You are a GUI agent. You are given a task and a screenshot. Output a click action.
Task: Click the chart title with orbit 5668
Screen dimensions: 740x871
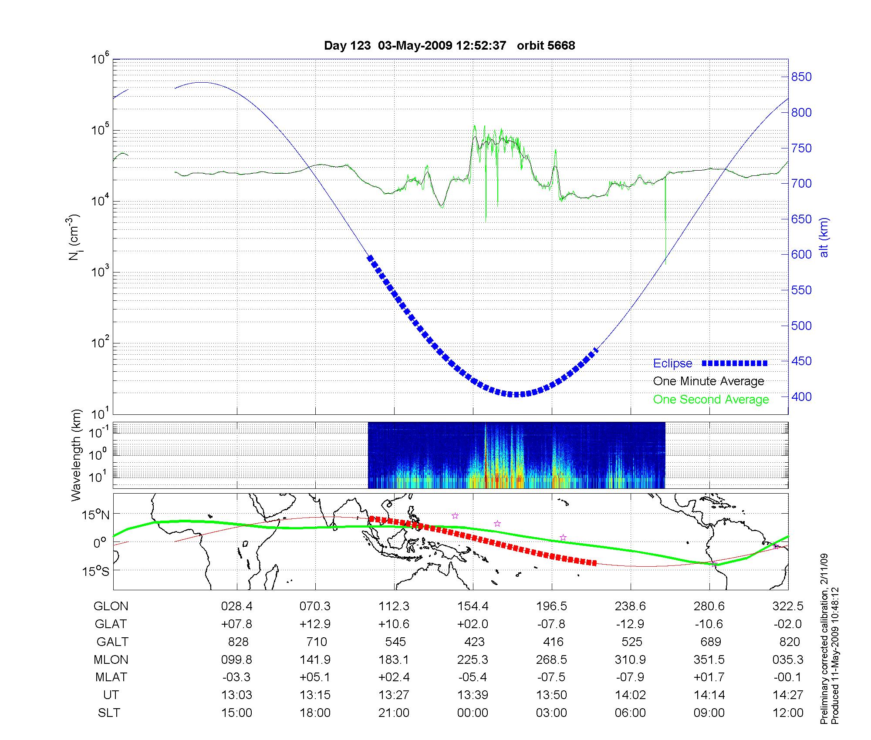tap(449, 46)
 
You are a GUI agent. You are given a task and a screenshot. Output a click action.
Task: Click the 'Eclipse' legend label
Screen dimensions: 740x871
tap(672, 363)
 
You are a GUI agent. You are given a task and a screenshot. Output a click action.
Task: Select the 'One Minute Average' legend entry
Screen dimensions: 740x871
tap(709, 381)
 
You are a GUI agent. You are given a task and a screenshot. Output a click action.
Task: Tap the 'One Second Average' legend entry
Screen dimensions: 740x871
tap(711, 400)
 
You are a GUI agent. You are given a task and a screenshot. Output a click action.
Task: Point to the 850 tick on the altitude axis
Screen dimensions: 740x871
tap(802, 77)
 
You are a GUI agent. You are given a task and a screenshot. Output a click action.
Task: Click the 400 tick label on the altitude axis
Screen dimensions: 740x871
tap(802, 397)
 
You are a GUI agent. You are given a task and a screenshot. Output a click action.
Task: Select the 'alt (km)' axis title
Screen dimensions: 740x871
tap(824, 237)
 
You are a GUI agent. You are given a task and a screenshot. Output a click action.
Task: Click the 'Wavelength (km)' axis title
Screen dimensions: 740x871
tap(77, 455)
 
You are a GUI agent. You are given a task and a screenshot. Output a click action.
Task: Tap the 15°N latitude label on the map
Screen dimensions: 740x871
tap(96, 515)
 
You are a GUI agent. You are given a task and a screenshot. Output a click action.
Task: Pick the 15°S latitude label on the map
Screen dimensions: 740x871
tap(96, 571)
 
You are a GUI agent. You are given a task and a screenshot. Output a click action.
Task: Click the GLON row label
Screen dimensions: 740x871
tap(111, 606)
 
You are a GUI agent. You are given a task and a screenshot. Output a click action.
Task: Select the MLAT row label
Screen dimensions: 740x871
tap(111, 677)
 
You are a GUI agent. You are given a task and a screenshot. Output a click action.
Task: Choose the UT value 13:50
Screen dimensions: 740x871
tap(551, 695)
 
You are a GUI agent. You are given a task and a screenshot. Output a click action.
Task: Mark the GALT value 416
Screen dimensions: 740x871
tap(553, 642)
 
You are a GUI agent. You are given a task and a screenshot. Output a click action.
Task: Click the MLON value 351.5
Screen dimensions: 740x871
tap(709, 660)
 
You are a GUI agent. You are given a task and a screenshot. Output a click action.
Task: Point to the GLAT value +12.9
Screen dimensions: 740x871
tap(315, 624)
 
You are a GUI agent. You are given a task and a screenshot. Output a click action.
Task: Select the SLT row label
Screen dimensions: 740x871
tap(109, 713)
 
